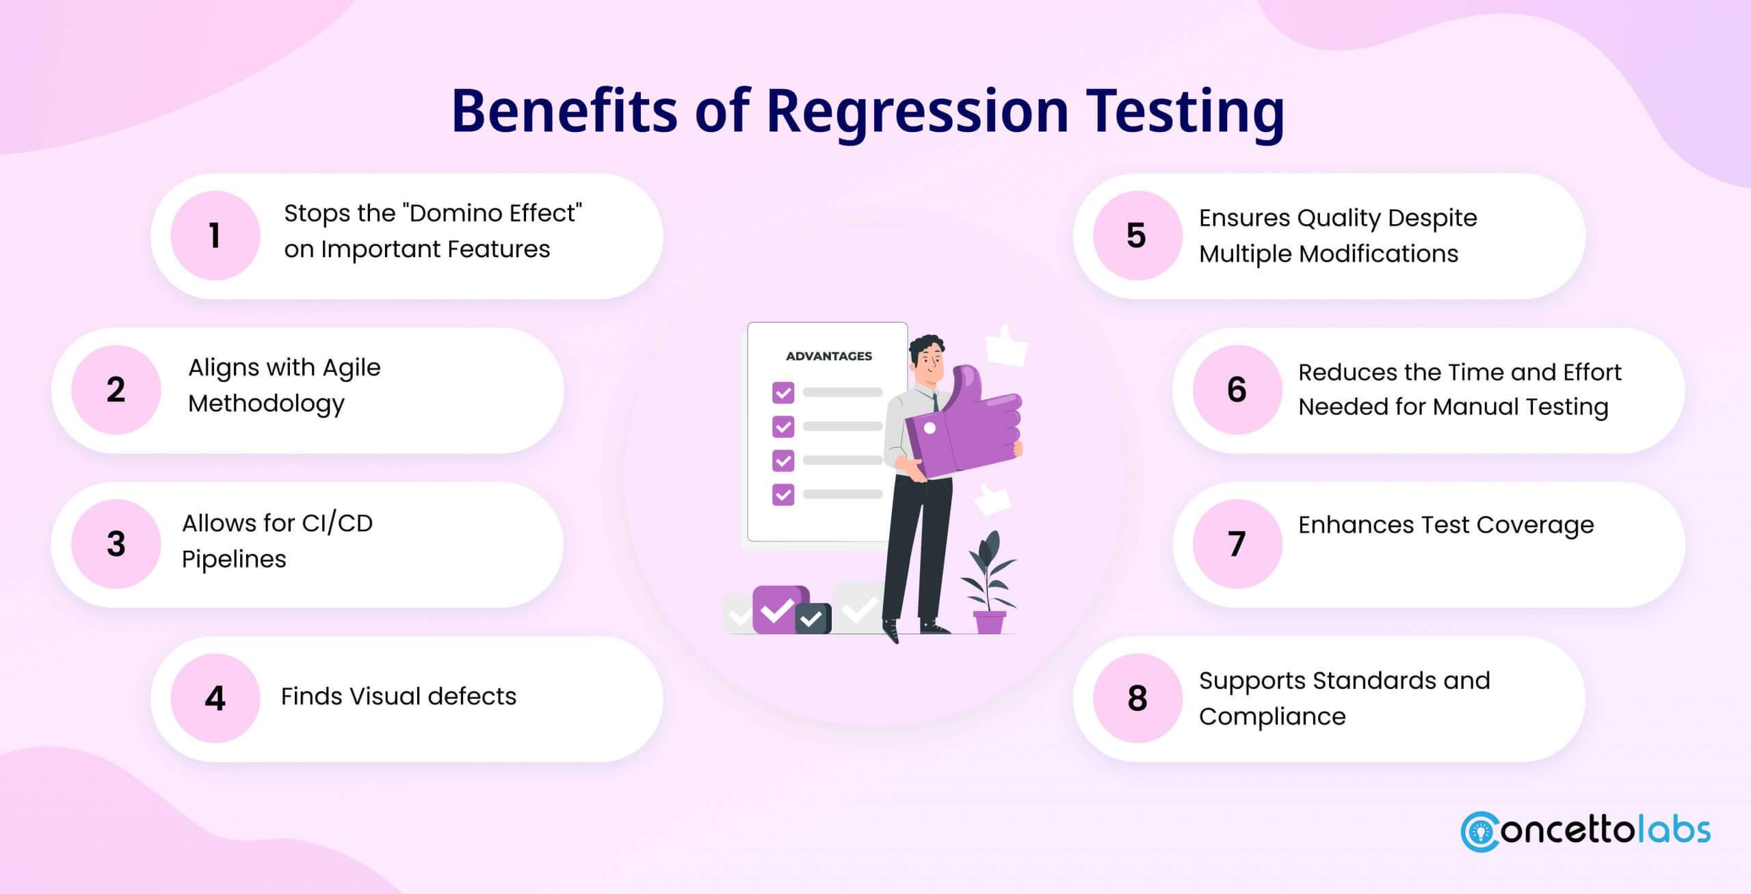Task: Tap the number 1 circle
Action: click(215, 236)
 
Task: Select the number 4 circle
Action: click(215, 698)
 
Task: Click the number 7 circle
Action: click(1237, 544)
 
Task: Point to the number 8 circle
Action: click(1137, 698)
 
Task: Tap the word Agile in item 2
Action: click(351, 368)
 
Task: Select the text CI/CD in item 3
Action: click(337, 524)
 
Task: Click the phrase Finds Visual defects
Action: click(398, 696)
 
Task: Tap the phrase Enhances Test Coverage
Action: click(1445, 525)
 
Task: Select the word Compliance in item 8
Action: click(1272, 716)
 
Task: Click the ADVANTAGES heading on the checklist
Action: click(828, 356)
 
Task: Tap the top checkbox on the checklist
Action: click(783, 393)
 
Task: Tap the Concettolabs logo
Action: click(1585, 831)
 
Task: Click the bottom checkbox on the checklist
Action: click(783, 494)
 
